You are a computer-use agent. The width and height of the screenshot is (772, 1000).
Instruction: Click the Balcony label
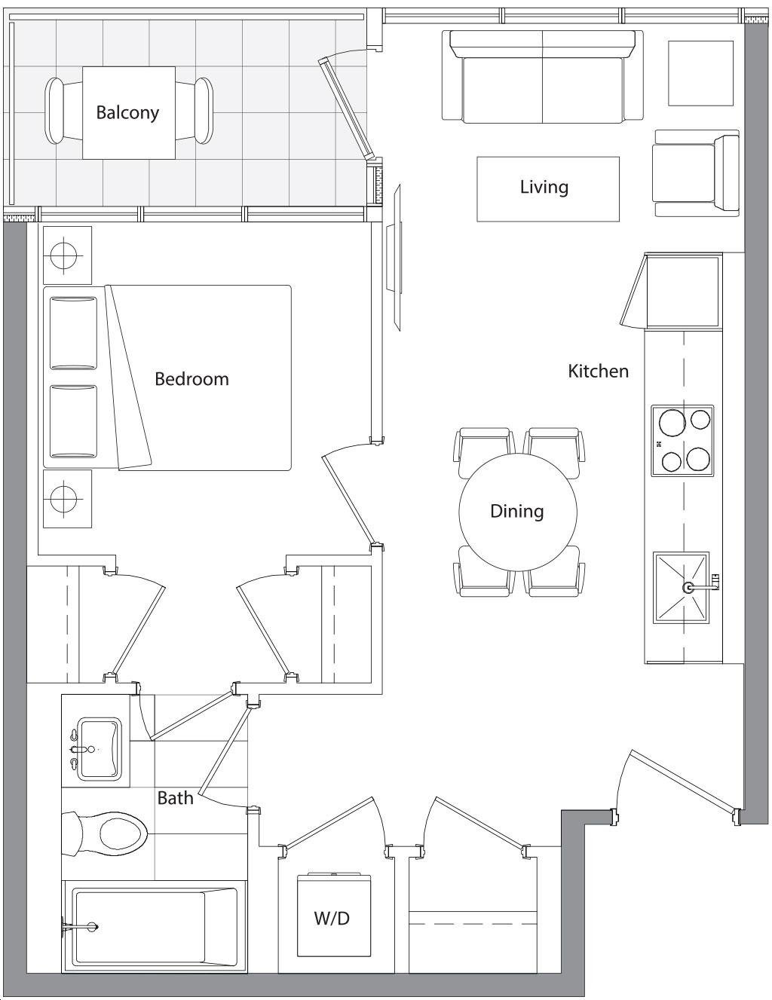coord(127,113)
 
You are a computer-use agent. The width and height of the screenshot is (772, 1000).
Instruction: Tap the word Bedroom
coord(191,379)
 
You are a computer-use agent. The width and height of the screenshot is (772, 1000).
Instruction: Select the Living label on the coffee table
coord(544,188)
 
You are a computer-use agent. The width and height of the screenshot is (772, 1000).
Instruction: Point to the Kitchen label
coord(598,371)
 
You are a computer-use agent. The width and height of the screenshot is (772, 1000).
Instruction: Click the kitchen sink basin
coord(681,588)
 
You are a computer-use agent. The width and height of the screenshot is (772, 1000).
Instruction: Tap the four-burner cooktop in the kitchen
coord(682,440)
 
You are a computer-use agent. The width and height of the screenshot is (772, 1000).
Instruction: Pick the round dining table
coord(517,512)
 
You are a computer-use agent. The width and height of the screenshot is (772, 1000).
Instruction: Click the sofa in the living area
coord(543,76)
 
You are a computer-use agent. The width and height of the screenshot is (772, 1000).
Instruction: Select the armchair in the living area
coord(696,173)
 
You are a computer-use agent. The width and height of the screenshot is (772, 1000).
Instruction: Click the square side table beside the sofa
coord(700,73)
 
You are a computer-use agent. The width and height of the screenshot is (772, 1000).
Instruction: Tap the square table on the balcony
coord(129,113)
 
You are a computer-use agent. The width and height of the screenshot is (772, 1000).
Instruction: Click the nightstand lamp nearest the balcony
coord(67,255)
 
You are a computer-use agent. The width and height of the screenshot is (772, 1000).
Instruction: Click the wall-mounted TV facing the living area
coord(394,257)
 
